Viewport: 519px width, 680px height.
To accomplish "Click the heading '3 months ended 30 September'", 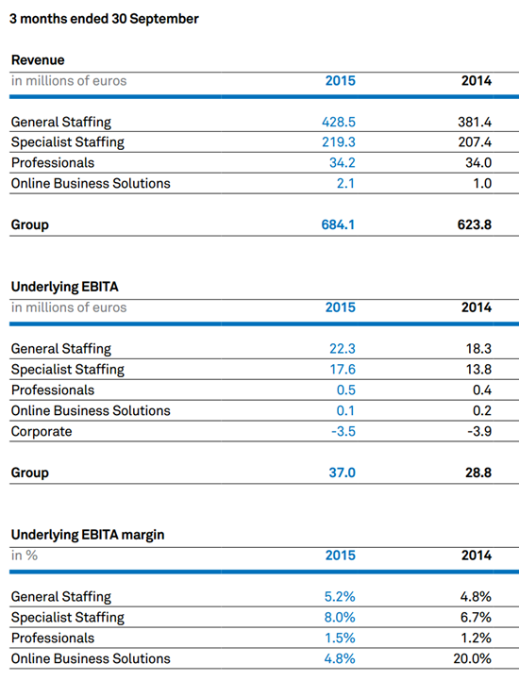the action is [x=104, y=19].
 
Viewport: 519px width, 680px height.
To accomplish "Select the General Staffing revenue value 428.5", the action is [x=339, y=122].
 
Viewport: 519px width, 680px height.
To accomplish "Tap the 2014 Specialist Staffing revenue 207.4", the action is [x=475, y=142].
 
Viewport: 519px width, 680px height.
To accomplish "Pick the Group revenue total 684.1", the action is [x=338, y=224].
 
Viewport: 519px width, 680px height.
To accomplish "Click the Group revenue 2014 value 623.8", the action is [x=475, y=224].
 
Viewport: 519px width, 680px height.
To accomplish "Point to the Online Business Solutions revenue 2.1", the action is [x=345, y=184].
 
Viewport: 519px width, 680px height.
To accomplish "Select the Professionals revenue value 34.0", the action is [x=478, y=162].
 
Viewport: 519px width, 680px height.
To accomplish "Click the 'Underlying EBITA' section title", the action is [x=65, y=287].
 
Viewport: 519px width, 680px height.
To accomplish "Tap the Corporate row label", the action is [x=42, y=432].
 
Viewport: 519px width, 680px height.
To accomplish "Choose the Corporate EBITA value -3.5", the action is [x=343, y=432].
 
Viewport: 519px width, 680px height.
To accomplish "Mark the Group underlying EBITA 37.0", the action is [x=342, y=473].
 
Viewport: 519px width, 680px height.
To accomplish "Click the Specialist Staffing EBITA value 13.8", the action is [x=479, y=370].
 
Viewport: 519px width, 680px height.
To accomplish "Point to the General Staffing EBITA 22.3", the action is [x=343, y=349].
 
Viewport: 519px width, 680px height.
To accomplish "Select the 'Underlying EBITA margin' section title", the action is [x=88, y=535].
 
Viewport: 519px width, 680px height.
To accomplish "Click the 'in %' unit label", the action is [x=25, y=556].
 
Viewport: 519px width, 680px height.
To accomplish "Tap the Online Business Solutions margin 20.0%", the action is [x=473, y=658].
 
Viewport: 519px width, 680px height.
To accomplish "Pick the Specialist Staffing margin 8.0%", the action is [x=340, y=617].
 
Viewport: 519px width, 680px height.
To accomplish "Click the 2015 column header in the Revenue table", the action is [x=341, y=81].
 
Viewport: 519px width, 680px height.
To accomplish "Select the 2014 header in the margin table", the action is [x=477, y=556].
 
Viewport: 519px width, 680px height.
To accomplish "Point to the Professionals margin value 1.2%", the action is [x=476, y=638].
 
